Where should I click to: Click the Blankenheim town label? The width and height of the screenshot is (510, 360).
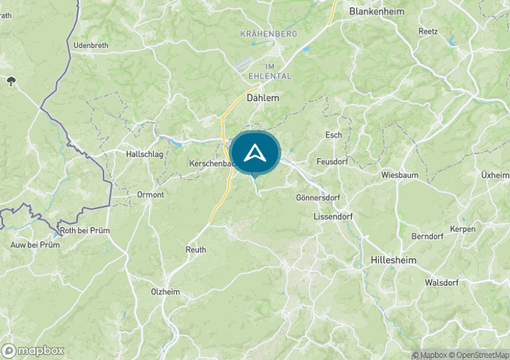[x=377, y=12]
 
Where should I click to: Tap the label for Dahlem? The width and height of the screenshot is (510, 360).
[x=263, y=97]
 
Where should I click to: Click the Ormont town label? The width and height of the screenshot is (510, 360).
[x=150, y=195]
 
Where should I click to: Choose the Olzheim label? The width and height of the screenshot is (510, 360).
[x=165, y=291]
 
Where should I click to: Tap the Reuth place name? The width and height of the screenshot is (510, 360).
[x=195, y=250]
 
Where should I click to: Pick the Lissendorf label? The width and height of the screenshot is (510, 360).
[x=332, y=216]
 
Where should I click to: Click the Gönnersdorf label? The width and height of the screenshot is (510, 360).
[x=318, y=197]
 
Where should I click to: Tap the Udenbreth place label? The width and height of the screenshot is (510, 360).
[x=91, y=45]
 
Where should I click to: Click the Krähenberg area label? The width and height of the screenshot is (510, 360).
[x=268, y=34]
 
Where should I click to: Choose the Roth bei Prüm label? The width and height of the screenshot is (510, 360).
[x=85, y=230]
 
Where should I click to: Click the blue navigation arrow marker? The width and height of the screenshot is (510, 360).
[x=255, y=153]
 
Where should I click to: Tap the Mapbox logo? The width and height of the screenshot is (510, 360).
[x=34, y=350]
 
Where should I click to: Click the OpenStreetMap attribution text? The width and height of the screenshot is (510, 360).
[x=481, y=355]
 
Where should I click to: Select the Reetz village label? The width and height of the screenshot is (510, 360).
[x=428, y=31]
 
